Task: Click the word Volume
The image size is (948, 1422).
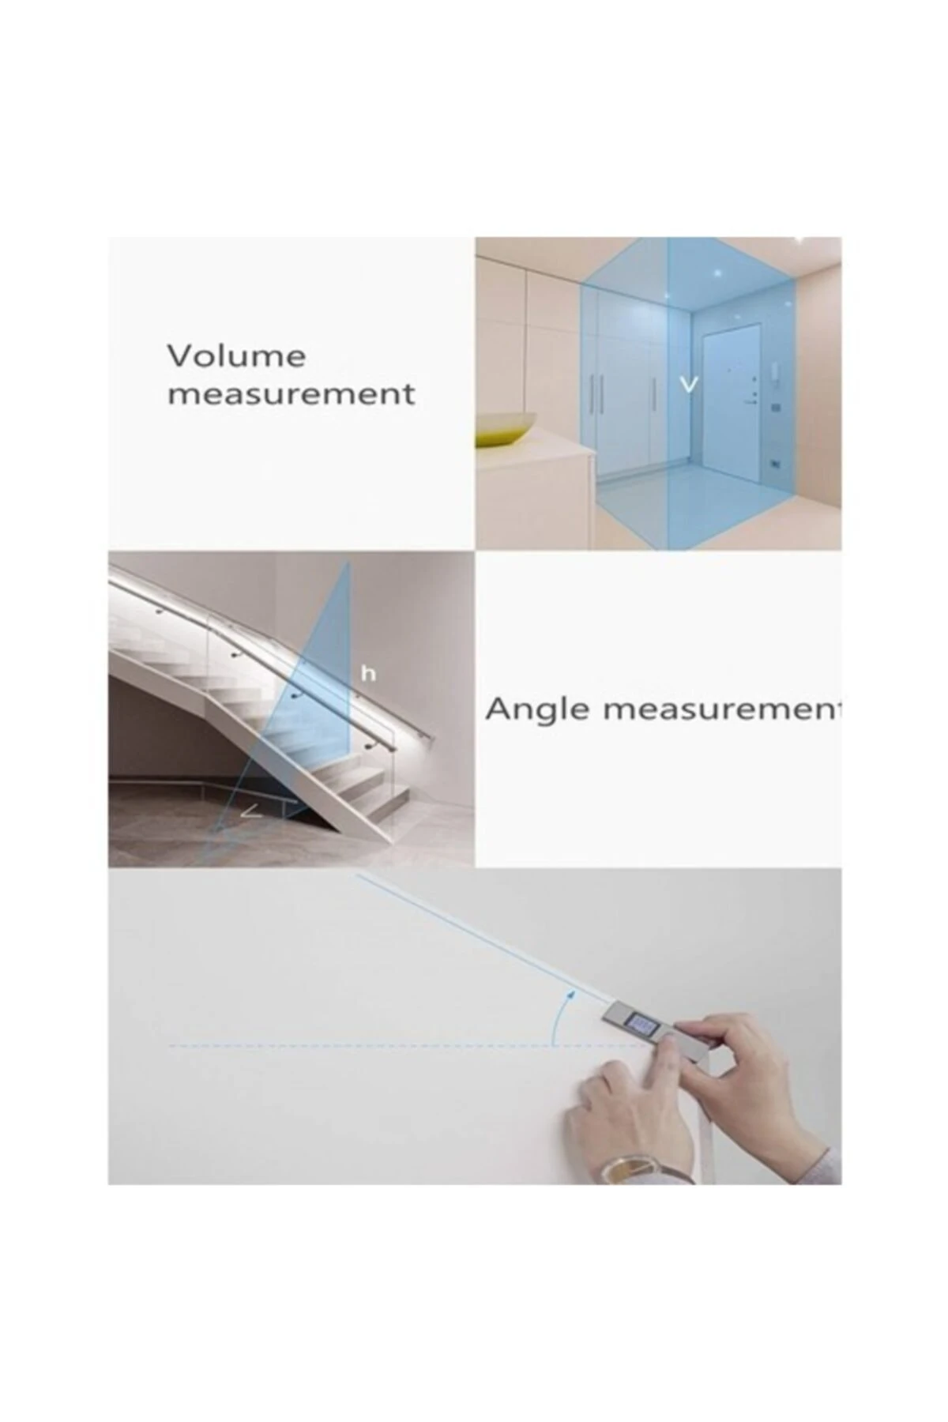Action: pyautogui.click(x=236, y=356)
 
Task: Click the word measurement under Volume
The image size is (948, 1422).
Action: pyautogui.click(x=291, y=393)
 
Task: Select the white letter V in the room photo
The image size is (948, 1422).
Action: pyautogui.click(x=690, y=386)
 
